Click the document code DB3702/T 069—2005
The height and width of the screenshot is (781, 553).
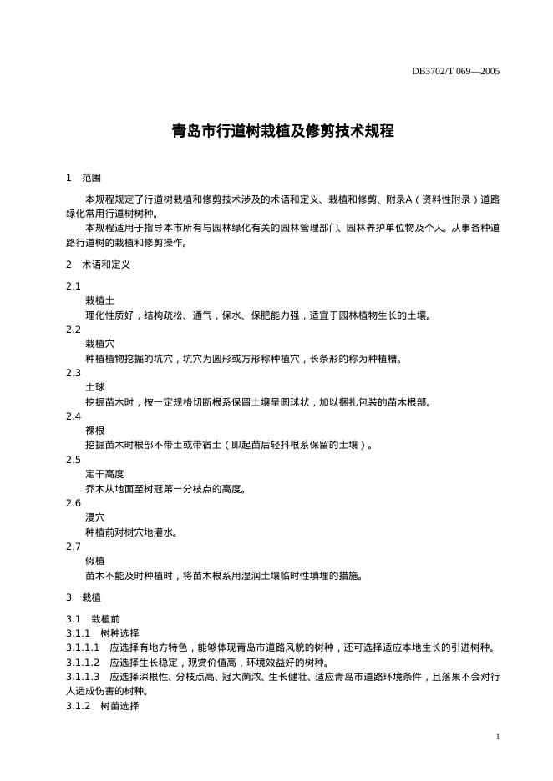coord(455,71)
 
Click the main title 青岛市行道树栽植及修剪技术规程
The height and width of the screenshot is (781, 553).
coord(282,131)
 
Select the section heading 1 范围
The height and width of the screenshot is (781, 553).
coord(84,178)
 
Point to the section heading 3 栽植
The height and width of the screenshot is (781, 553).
coord(84,597)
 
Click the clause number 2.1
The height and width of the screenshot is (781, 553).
coord(74,286)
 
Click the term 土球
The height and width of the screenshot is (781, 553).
coord(94,387)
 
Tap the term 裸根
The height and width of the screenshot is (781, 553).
coord(94,431)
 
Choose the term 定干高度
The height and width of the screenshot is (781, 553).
coord(104,474)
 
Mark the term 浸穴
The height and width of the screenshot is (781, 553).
coord(94,517)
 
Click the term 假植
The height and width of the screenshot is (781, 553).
coord(94,561)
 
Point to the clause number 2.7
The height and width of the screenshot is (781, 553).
coord(74,547)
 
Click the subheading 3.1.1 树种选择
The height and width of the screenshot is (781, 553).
coord(104,633)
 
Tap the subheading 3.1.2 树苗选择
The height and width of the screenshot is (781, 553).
coord(104,706)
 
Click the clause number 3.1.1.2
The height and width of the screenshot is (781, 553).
coord(83,663)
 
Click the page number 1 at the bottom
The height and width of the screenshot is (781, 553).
coord(497,737)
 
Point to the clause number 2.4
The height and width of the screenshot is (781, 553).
coord(74,416)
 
